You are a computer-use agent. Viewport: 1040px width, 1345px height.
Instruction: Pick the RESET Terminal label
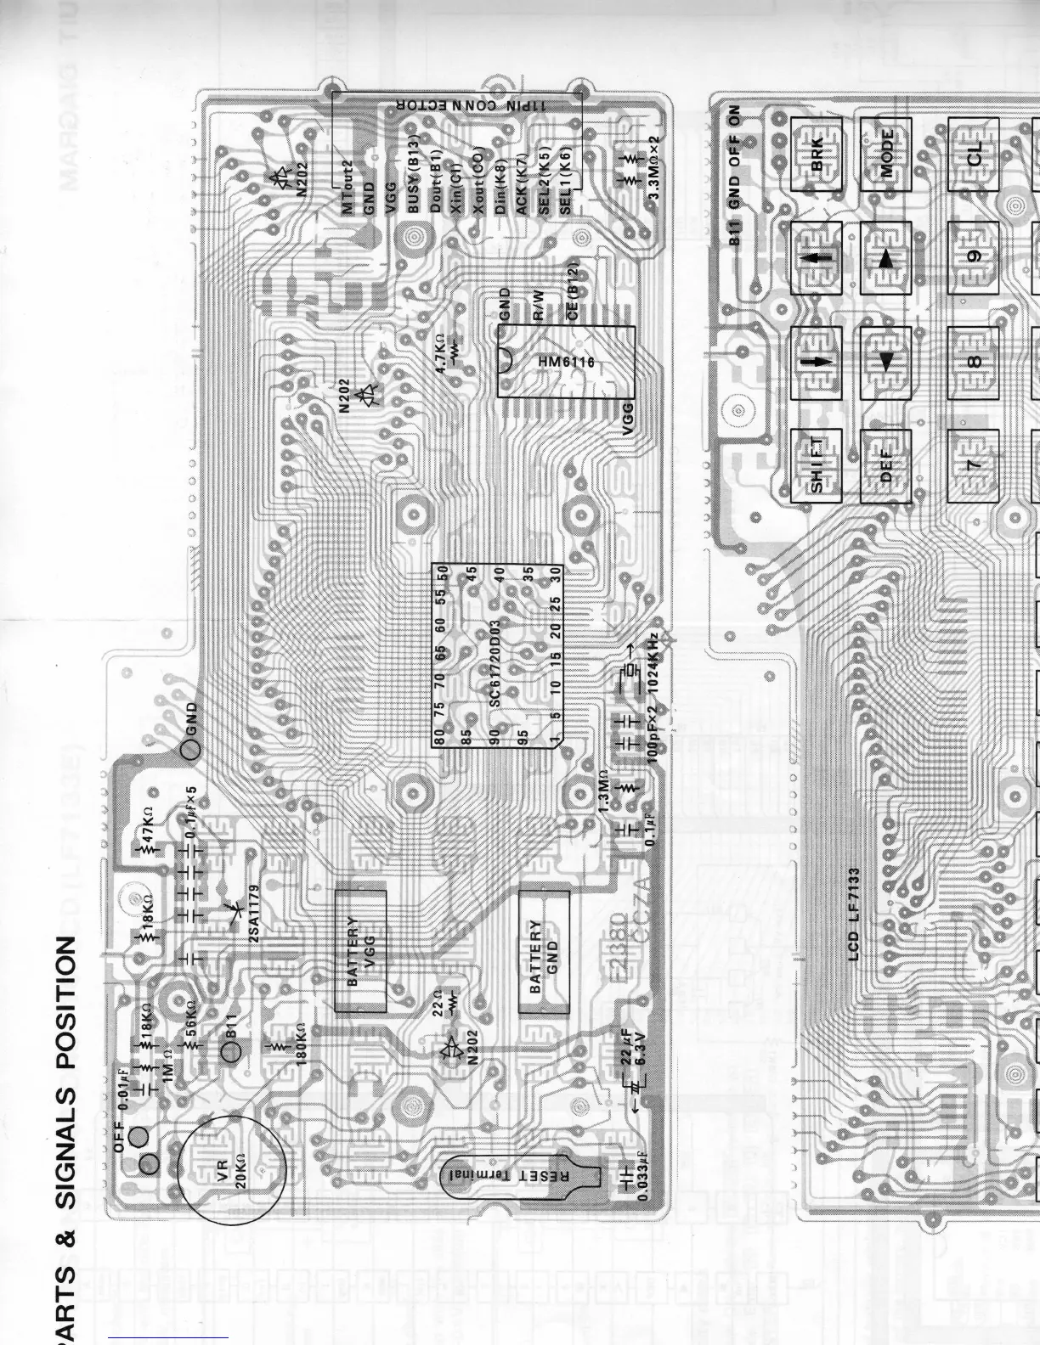(508, 1175)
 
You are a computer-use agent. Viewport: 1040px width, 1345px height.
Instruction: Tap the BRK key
(817, 155)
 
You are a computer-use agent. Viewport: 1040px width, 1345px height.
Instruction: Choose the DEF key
(886, 465)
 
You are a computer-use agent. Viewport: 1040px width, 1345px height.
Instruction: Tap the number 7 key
(974, 465)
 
